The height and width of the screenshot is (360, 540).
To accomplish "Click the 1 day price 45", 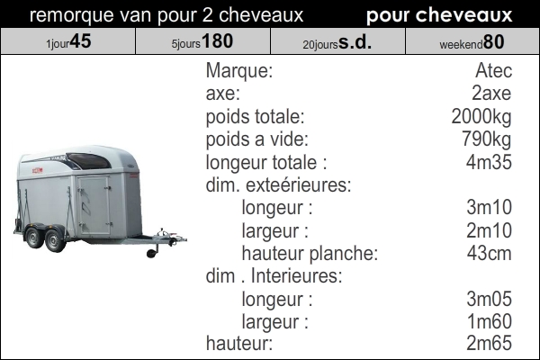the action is click(81, 41).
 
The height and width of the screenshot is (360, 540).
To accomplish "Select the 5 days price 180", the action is click(217, 41).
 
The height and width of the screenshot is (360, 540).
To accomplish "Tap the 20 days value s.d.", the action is click(355, 41).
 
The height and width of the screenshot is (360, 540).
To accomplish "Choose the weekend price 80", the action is click(493, 41).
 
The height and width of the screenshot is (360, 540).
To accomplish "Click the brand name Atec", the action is click(493, 70).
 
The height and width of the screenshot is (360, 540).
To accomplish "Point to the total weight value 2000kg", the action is click(481, 117).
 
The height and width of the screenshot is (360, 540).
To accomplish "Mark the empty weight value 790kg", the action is click(486, 139).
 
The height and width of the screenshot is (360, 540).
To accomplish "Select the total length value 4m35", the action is click(489, 162).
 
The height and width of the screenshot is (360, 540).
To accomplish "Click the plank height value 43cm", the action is click(489, 253).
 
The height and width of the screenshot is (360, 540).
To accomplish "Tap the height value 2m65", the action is click(489, 343).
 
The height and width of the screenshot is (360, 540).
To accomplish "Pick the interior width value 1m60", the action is click(489, 321).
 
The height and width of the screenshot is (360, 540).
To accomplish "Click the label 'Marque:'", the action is click(239, 70).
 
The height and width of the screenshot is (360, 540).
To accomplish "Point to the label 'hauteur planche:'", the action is click(310, 254).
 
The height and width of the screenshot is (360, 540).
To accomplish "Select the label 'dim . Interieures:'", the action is click(274, 275).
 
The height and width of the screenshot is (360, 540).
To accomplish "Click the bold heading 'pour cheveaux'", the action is click(439, 14).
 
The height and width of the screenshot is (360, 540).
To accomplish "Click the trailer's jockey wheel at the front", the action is click(152, 253).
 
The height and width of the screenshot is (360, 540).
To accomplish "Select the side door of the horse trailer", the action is click(94, 206).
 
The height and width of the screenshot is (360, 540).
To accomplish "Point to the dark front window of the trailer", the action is click(89, 161).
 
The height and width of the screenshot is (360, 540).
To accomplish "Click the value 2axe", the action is click(491, 94).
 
